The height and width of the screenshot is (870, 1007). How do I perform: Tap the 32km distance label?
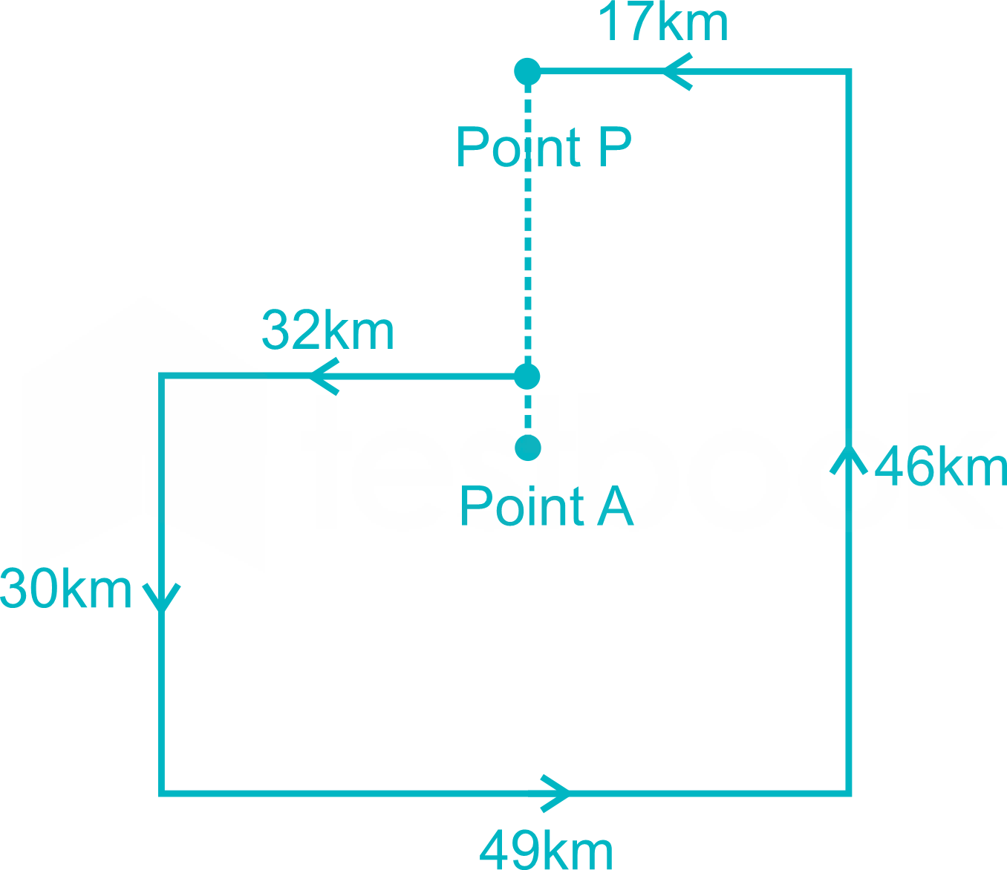click(328, 330)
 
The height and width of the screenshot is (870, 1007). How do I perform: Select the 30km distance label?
click(66, 588)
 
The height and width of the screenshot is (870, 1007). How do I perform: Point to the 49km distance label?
click(546, 849)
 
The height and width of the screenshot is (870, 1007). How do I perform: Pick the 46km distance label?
click(940, 466)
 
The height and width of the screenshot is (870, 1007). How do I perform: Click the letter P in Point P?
click(616, 146)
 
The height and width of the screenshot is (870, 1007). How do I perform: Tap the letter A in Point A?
click(616, 505)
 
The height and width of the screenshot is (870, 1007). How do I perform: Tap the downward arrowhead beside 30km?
click(162, 598)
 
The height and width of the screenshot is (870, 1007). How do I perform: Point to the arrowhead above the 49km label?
click(555, 794)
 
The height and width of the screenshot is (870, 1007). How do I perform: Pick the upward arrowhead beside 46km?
click(849, 459)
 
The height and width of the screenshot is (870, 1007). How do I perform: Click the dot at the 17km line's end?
click(527, 71)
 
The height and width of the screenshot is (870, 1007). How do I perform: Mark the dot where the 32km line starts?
click(527, 376)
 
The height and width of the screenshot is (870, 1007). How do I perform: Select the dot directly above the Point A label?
click(528, 448)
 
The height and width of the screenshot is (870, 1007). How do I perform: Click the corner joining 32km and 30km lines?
click(162, 376)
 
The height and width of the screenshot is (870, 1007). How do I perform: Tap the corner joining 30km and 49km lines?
click(162, 794)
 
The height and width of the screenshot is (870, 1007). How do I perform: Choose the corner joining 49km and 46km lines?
click(849, 794)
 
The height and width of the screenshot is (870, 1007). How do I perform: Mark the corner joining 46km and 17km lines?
click(849, 71)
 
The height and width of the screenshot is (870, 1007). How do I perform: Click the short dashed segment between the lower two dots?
click(528, 412)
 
